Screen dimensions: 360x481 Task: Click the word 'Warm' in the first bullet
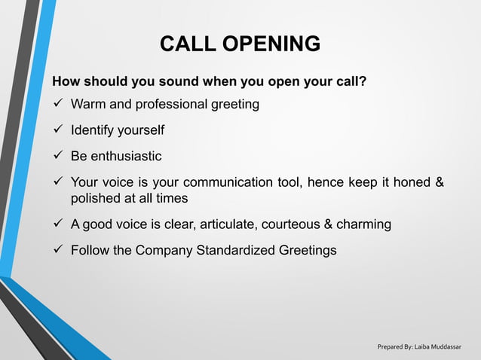(x=87, y=105)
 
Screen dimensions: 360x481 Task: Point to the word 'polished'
(x=96, y=199)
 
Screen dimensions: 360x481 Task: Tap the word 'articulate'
(x=222, y=224)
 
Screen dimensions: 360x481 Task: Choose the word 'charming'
(x=365, y=224)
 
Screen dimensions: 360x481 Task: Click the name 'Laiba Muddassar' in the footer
(x=443, y=346)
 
